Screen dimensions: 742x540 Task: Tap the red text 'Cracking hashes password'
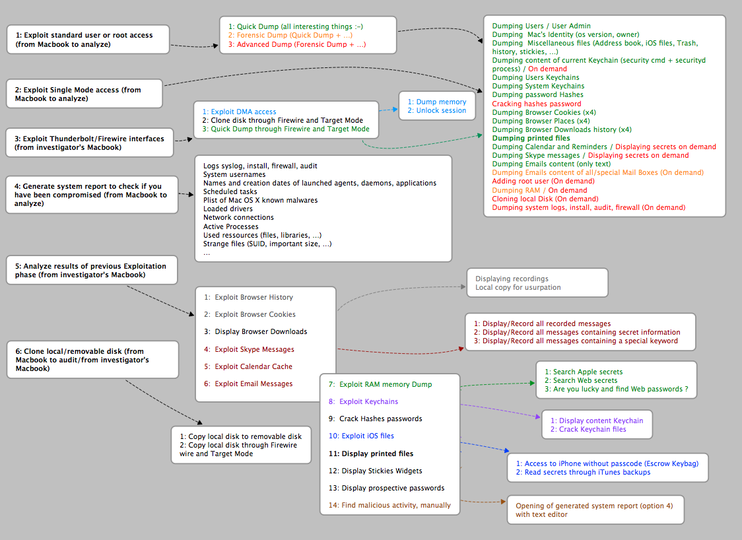coord(536,104)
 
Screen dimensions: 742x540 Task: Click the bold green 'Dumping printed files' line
coord(531,138)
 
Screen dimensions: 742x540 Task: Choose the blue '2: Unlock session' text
coord(436,110)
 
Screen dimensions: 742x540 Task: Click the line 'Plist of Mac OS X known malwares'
coord(260,200)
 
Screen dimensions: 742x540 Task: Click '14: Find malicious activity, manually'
coord(389,505)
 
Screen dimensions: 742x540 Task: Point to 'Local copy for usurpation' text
coord(518,287)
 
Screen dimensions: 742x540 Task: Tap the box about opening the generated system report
coord(595,510)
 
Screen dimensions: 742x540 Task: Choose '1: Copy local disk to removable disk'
coord(240,436)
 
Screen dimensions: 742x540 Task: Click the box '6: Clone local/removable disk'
coord(92,360)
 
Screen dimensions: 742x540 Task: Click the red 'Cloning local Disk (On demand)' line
coord(545,199)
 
